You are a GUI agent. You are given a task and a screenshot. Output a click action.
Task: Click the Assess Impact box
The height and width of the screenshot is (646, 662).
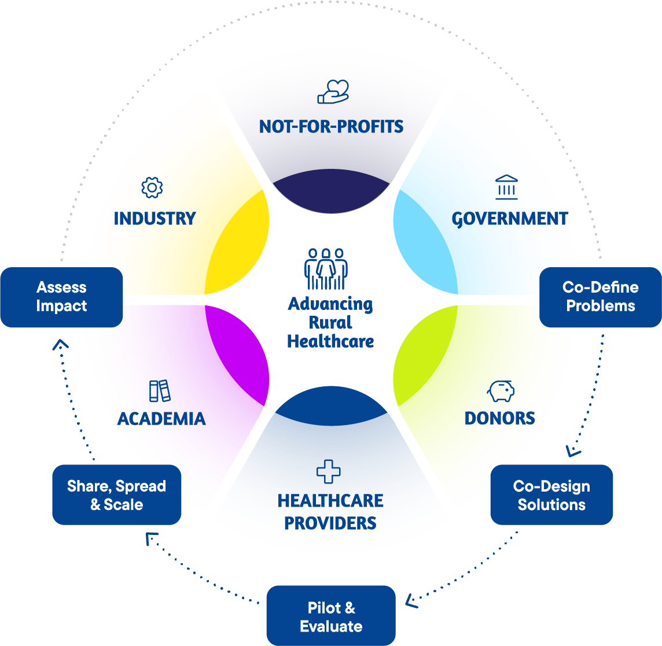(x=61, y=297)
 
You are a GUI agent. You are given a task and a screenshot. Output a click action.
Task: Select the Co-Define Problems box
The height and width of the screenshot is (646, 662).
(x=600, y=297)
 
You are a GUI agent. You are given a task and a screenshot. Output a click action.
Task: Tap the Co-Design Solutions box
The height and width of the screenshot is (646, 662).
(x=551, y=495)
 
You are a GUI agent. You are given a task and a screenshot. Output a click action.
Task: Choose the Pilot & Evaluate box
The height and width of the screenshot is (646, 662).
(x=330, y=617)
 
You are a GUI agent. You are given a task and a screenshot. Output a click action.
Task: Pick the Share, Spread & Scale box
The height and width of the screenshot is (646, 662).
(x=116, y=495)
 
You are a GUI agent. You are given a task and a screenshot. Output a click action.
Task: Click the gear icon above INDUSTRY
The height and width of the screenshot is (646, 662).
(x=152, y=187)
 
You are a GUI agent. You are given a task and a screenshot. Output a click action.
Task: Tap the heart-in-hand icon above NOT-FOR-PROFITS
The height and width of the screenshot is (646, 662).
(x=333, y=92)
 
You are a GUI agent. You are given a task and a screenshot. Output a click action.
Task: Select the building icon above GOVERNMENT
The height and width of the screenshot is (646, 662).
(x=506, y=187)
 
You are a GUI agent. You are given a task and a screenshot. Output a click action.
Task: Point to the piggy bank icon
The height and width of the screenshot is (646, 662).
(x=501, y=391)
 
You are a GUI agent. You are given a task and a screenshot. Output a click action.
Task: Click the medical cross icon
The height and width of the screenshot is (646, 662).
(x=329, y=471)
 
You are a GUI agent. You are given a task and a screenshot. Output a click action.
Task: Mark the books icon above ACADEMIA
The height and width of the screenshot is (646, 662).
(x=160, y=391)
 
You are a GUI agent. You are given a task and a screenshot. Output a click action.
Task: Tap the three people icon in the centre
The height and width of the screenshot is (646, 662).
(x=326, y=269)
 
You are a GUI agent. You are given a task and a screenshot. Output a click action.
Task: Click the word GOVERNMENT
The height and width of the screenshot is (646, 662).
(x=510, y=219)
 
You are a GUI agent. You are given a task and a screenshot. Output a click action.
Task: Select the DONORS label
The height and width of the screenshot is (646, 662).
(x=500, y=418)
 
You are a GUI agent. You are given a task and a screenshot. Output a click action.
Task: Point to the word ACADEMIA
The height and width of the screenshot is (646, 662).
(x=161, y=418)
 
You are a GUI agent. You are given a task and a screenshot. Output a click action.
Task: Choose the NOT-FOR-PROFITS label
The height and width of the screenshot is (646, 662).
(x=331, y=126)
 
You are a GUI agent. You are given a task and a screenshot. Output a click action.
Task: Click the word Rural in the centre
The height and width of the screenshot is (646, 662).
(x=330, y=323)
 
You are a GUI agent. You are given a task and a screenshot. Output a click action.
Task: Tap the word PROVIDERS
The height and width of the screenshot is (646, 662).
(x=330, y=523)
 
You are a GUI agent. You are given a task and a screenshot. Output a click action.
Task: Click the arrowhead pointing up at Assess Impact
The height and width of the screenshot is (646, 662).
(x=60, y=345)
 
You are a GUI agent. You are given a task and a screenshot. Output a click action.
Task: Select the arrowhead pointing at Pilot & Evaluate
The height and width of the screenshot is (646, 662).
(x=411, y=601)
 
